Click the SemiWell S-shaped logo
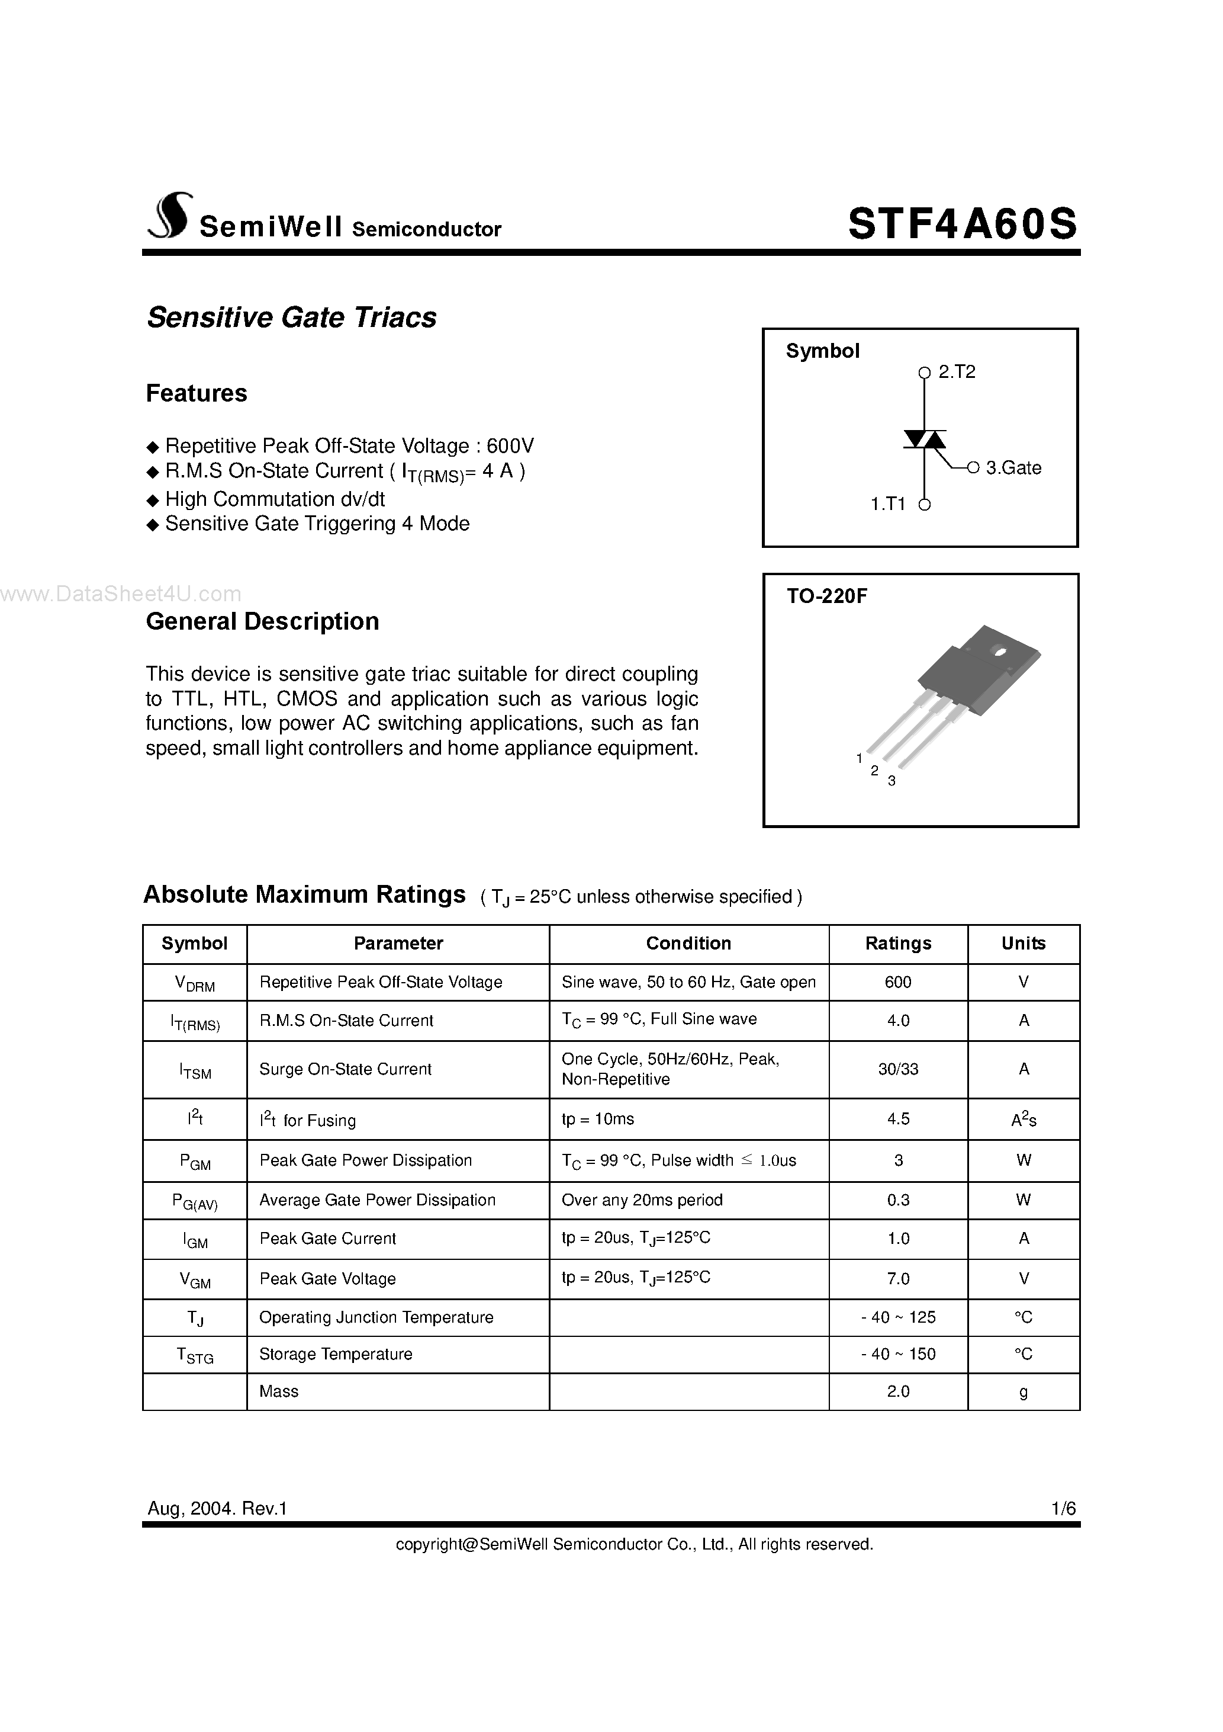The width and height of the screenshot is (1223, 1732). click(x=169, y=217)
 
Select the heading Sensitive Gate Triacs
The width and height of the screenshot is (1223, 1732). click(x=292, y=317)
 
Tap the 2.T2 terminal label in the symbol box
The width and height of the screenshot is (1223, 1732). click(x=956, y=372)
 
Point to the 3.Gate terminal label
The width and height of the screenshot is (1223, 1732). click(x=1013, y=468)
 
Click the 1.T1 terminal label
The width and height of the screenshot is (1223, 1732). click(x=887, y=504)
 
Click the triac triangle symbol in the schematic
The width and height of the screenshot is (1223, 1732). click(x=925, y=439)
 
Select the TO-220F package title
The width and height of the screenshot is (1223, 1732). click(x=826, y=596)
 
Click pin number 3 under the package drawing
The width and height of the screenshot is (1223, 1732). click(x=891, y=781)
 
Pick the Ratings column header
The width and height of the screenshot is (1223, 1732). click(x=897, y=944)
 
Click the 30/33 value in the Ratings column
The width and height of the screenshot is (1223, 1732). click(x=897, y=1069)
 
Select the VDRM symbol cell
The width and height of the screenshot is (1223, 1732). click(x=195, y=983)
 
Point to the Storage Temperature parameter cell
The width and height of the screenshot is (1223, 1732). click(x=336, y=1354)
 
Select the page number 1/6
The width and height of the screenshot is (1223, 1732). click(x=1063, y=1508)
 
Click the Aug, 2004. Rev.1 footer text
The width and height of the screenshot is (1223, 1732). click(x=217, y=1508)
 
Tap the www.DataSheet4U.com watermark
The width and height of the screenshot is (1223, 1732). click(x=121, y=595)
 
